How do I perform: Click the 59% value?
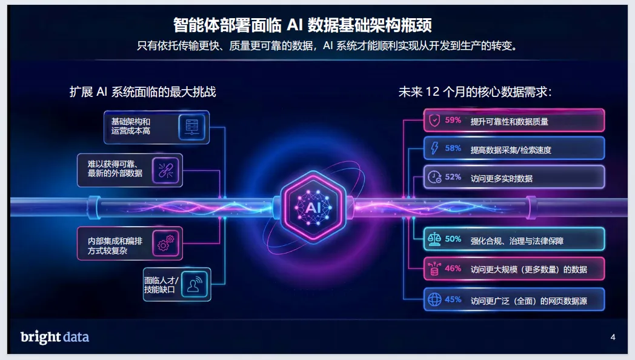pos(453,120)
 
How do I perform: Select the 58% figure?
pos(453,148)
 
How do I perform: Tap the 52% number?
pos(453,177)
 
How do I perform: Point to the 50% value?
pos(453,239)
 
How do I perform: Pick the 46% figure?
pos(453,268)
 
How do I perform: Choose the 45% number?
pos(453,299)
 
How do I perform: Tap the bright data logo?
pos(55,337)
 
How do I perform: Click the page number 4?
pos(613,337)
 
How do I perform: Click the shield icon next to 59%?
pos(434,121)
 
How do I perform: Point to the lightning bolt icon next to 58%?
pos(434,148)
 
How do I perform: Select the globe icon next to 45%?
pos(434,299)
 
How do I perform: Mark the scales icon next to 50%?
pos(434,239)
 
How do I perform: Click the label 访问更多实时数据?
pos(502,178)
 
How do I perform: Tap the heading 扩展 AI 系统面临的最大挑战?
pos(143,92)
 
